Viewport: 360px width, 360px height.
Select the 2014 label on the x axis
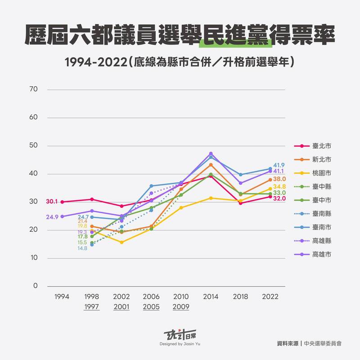(x=211, y=297)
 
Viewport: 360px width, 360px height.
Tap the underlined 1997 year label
(x=92, y=307)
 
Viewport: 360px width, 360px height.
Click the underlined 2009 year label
(x=181, y=307)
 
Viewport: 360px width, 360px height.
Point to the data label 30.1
(x=52, y=202)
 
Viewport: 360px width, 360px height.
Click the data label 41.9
(x=279, y=165)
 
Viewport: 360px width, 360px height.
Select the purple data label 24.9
(x=52, y=217)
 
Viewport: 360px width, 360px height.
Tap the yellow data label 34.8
(x=279, y=186)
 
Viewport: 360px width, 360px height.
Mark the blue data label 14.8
(x=83, y=247)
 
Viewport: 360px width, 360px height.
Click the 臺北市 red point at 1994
(x=62, y=202)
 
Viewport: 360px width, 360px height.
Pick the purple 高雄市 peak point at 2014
(x=211, y=153)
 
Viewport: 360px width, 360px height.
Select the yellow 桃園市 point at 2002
(x=121, y=242)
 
